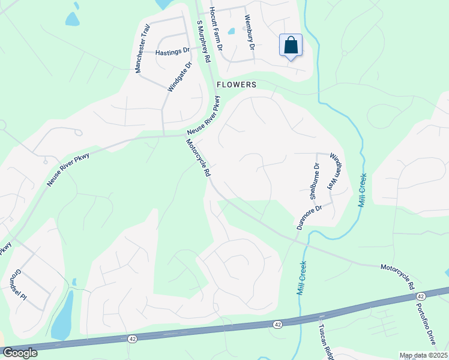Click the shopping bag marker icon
(291, 46)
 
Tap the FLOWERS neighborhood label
(237, 85)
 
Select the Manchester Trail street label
(141, 53)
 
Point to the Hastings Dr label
(172, 52)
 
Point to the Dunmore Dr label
(310, 216)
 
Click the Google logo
(19, 353)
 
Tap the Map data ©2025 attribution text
(424, 355)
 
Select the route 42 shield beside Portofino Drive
(420, 296)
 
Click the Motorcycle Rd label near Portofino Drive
(397, 276)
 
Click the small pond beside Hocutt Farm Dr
(231, 31)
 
